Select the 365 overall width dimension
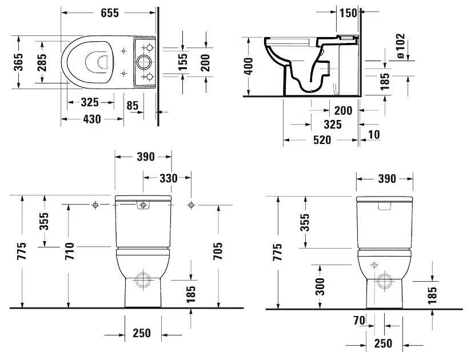[19, 62]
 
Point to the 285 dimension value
[42, 62]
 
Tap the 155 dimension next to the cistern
[182, 62]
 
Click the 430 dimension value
[91, 119]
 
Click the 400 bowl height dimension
[248, 66]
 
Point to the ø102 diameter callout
[400, 46]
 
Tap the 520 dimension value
[322, 140]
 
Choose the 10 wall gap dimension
[374, 134]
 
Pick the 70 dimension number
[358, 321]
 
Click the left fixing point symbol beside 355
[95, 204]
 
